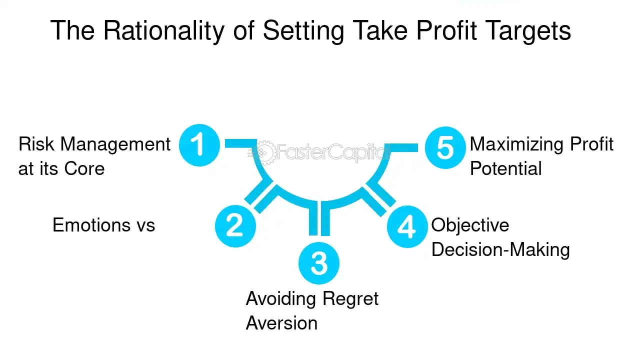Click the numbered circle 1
(199, 145)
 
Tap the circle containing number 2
(235, 225)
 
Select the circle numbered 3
(319, 263)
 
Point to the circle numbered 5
(445, 148)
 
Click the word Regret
(350, 299)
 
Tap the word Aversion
(281, 323)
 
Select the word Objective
(470, 225)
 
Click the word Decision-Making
(500, 249)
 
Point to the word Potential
(506, 168)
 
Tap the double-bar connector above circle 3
(319, 218)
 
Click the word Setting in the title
(303, 31)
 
